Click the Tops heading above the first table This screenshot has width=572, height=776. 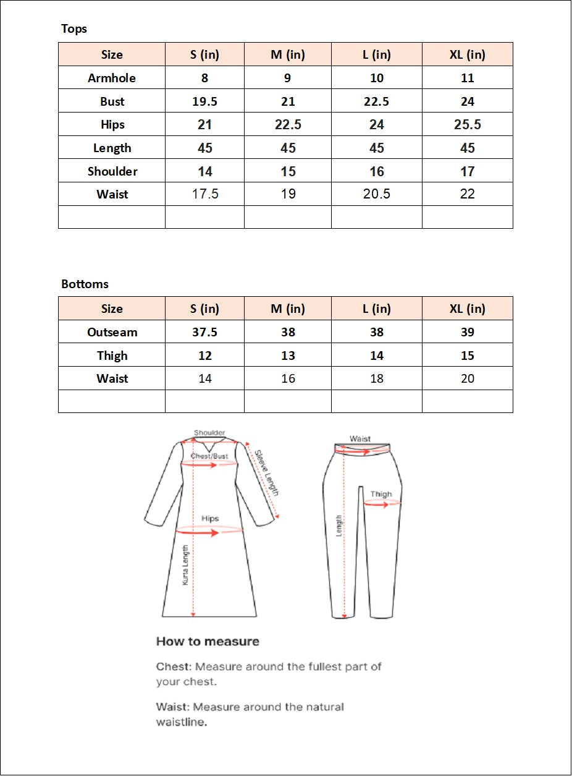click(74, 29)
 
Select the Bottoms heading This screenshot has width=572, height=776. click(85, 284)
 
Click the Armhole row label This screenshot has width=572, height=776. click(112, 78)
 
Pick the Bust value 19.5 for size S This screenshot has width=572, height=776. click(204, 101)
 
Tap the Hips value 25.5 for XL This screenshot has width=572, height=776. click(468, 125)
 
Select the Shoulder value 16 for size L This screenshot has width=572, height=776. click(377, 171)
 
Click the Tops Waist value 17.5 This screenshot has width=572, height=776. click(205, 194)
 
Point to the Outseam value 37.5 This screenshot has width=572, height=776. click(204, 332)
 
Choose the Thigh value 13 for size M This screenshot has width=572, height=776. click(288, 356)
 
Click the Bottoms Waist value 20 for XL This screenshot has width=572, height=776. click(468, 378)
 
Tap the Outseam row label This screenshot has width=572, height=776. click(112, 332)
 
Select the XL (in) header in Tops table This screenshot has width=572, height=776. click(468, 54)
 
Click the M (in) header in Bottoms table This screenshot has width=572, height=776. click(288, 309)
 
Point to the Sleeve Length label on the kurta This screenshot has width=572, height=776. click(267, 472)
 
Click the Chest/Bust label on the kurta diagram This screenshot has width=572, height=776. click(209, 456)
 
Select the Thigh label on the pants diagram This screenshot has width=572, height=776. click(381, 494)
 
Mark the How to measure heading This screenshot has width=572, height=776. click(208, 641)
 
